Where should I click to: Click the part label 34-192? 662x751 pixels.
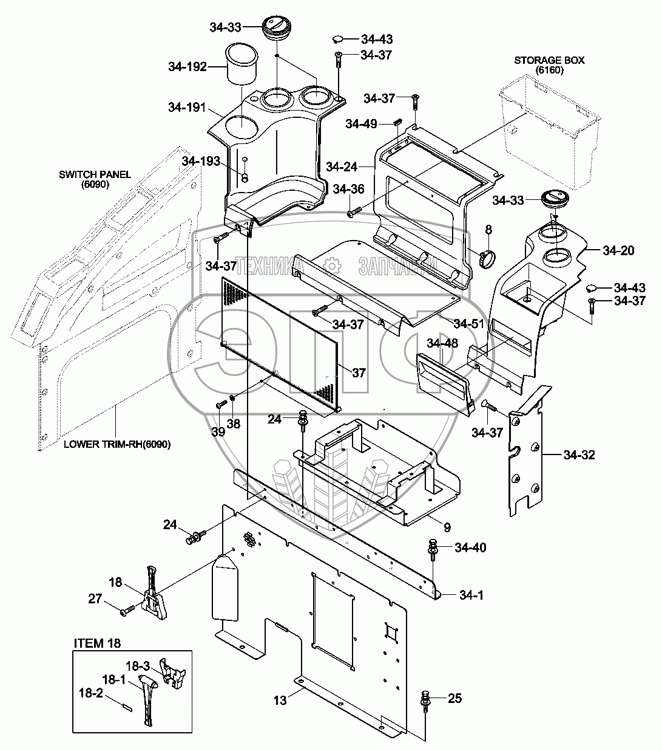[187, 67]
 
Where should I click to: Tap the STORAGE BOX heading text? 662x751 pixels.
[550, 60]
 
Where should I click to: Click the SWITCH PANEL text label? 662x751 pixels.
[95, 174]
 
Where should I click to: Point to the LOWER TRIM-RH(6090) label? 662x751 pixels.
[117, 444]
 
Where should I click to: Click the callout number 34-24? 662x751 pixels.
[342, 167]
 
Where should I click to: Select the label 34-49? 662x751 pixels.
[361, 124]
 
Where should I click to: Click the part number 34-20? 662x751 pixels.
[618, 250]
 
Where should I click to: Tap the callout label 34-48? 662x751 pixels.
[442, 343]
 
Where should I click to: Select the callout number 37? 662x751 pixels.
[359, 372]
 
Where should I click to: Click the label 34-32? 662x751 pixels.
[579, 455]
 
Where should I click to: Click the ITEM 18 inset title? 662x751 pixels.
[97, 643]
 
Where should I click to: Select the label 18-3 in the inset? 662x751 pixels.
[138, 666]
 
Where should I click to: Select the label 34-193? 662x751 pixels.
[201, 161]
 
